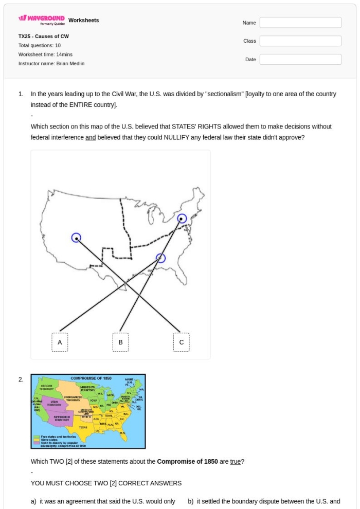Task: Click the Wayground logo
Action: click(42, 21)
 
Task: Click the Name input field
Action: click(300, 23)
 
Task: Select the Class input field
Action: click(300, 41)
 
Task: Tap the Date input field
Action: click(300, 60)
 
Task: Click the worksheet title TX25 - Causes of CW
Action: click(43, 37)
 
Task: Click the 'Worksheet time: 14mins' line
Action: click(45, 54)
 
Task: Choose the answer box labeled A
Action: click(60, 342)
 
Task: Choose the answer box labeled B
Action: click(120, 342)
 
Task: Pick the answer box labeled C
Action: click(181, 342)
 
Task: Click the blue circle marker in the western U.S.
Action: click(76, 238)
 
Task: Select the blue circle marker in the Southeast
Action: click(161, 258)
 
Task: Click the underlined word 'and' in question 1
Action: click(91, 137)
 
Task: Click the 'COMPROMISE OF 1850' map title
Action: click(91, 378)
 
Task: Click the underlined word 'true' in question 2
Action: click(235, 461)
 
